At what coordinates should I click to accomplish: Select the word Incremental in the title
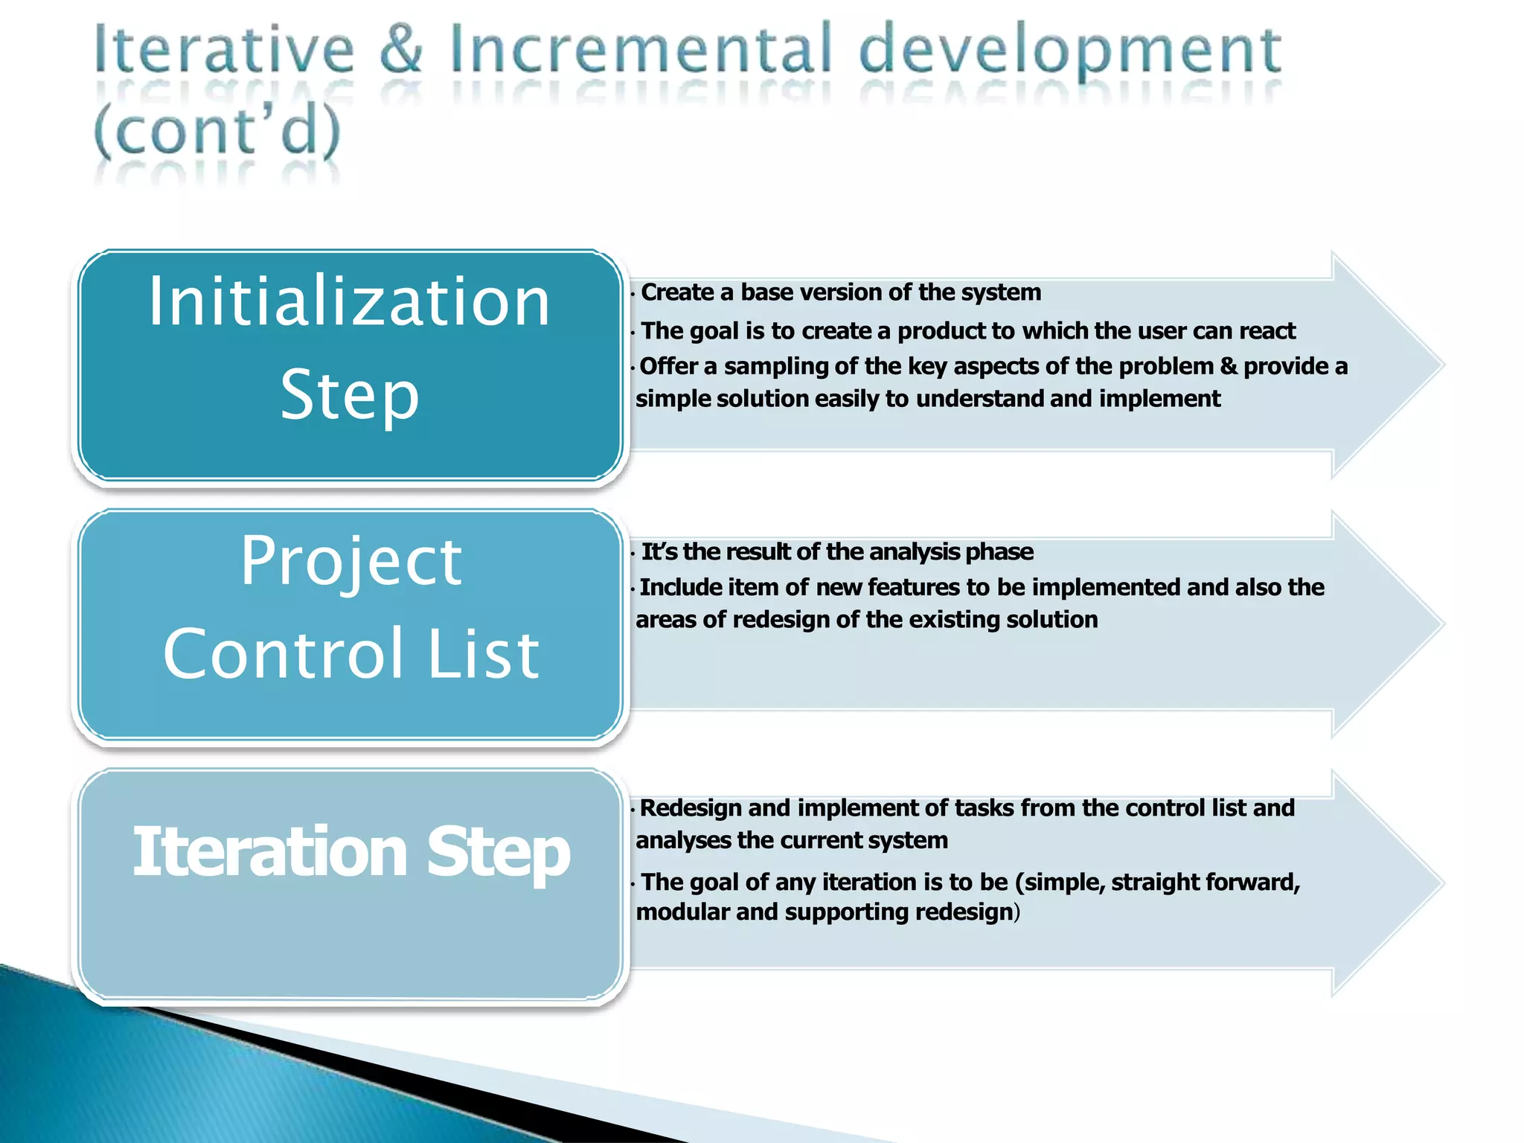click(640, 49)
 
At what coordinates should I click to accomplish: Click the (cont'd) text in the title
click(217, 131)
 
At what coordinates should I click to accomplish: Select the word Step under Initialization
click(349, 394)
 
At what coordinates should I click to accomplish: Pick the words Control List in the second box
click(350, 653)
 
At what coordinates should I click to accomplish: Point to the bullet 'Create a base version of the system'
click(840, 292)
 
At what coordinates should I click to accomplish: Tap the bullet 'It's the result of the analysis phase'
click(836, 551)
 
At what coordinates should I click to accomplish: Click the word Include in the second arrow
click(681, 587)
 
